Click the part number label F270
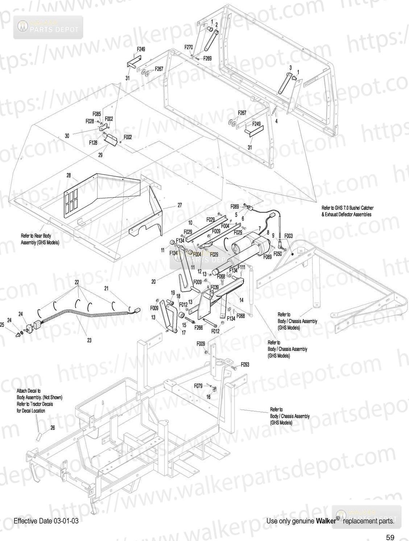pyautogui.click(x=189, y=47)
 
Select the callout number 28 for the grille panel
pyautogui.click(x=69, y=175)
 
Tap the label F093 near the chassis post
pyautogui.click(x=245, y=365)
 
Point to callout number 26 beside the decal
pyautogui.click(x=53, y=428)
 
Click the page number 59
pyautogui.click(x=390, y=537)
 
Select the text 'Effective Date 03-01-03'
pyautogui.click(x=46, y=521)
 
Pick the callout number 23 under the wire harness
pyautogui.click(x=89, y=340)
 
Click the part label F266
pyautogui.click(x=198, y=327)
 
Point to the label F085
pyautogui.click(x=96, y=113)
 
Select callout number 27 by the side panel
pyautogui.click(x=179, y=205)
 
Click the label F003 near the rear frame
pyautogui.click(x=288, y=236)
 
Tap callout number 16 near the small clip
pyautogui.click(x=208, y=397)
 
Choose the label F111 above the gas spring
pyautogui.click(x=241, y=267)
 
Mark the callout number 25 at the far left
pyautogui.click(x=2, y=325)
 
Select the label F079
pyautogui.click(x=198, y=386)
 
